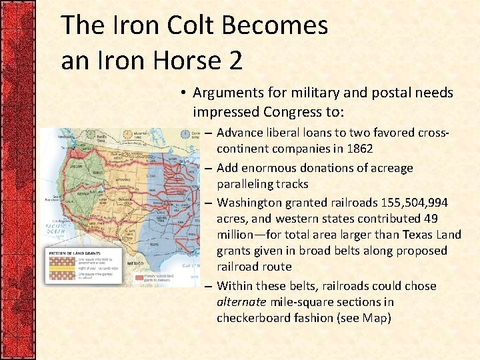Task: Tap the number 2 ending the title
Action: (x=234, y=61)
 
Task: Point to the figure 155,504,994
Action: (x=409, y=202)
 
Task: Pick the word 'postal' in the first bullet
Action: (x=382, y=93)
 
